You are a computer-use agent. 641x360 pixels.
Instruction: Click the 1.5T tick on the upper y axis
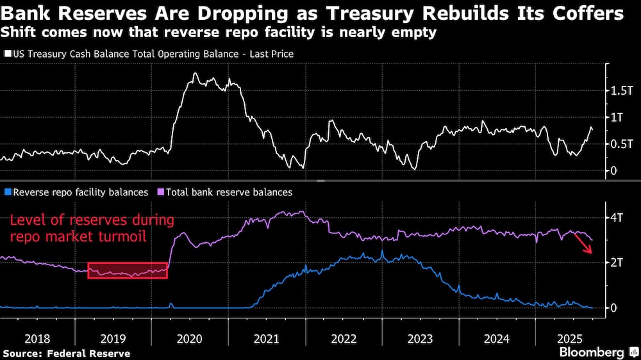[620, 92]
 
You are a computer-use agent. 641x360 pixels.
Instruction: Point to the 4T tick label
[616, 217]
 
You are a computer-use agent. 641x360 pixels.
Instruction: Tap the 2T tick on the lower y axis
[616, 263]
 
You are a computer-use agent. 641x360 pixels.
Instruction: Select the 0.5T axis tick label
[620, 144]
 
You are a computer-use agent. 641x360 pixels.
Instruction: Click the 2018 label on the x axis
[36, 338]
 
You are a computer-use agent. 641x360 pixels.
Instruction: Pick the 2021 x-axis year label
[267, 338]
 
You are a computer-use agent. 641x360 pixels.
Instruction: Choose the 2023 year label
[419, 338]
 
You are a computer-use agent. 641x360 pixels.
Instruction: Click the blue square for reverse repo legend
[7, 192]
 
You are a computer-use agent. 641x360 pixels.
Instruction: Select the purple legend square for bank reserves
[160, 192]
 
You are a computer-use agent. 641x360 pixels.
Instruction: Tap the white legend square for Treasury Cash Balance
[7, 54]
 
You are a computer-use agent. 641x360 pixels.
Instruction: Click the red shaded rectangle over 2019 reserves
[128, 270]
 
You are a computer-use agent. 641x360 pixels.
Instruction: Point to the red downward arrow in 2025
[583, 243]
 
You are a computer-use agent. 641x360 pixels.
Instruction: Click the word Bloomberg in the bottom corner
[592, 352]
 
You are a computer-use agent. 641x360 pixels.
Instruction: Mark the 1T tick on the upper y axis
[616, 118]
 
